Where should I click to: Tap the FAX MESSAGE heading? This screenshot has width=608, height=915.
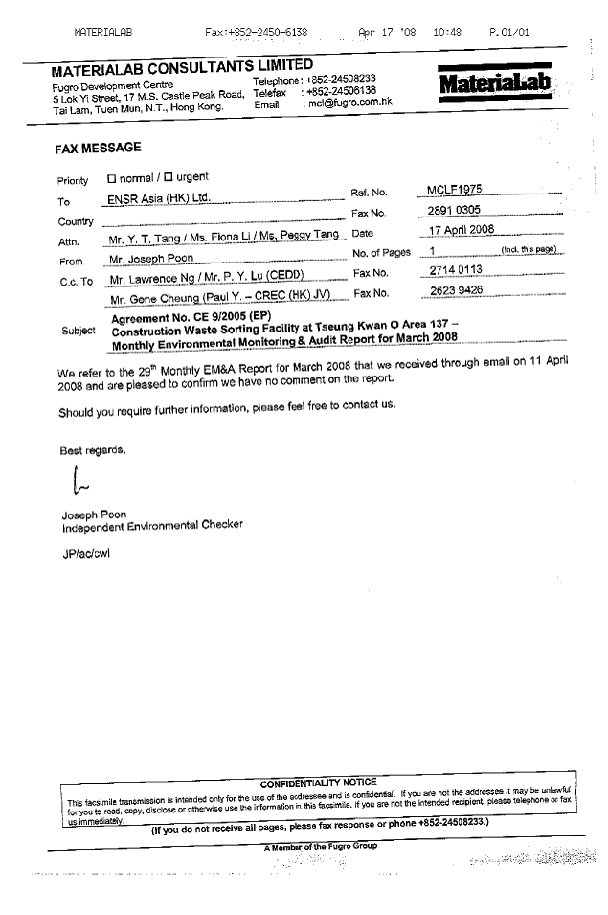tap(98, 148)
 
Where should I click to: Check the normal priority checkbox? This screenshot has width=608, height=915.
tap(111, 177)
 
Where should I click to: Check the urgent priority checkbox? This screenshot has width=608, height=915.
tap(169, 177)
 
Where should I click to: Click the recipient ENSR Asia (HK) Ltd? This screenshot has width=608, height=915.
tap(158, 200)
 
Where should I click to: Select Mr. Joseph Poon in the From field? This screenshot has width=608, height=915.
tap(151, 259)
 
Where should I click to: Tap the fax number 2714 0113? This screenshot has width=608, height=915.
tap(455, 272)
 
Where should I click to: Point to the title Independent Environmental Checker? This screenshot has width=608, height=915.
tap(152, 525)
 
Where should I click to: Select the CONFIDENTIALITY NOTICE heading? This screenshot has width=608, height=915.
tap(318, 782)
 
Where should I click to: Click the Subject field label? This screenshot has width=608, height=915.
tap(79, 331)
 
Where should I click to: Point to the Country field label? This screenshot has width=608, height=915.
tap(76, 222)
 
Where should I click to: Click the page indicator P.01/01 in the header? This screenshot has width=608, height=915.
tap(508, 33)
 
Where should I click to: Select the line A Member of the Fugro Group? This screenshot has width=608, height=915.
tap(321, 846)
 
